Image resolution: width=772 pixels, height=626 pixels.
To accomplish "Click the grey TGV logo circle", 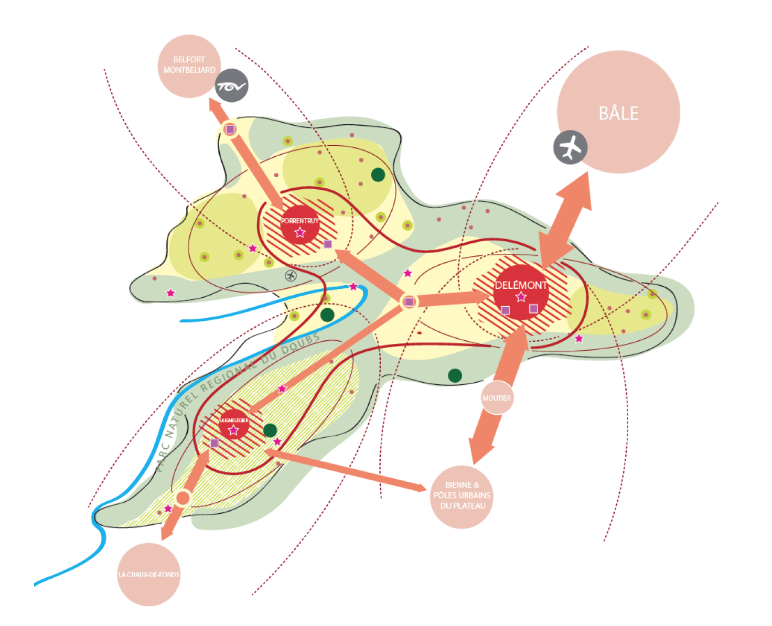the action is (232, 85).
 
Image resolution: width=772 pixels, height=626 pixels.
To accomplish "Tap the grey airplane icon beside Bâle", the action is (570, 147).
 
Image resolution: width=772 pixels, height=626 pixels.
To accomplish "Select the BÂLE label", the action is (618, 113).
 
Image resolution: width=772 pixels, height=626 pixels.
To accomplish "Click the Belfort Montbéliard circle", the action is (189, 66).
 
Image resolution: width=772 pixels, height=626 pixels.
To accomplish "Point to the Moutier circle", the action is (497, 398).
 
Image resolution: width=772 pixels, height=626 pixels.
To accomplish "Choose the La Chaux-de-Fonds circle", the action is (148, 575).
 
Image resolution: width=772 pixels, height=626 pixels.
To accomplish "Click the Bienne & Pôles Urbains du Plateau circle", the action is (462, 497).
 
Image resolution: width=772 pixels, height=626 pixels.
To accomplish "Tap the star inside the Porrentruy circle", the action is (300, 232).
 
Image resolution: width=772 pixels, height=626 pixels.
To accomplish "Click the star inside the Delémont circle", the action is (521, 297).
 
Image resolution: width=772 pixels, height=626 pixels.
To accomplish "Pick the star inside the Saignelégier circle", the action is (233, 430).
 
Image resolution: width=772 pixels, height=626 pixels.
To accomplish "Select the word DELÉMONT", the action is (521, 285).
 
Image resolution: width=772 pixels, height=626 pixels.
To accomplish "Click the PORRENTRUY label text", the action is (300, 221).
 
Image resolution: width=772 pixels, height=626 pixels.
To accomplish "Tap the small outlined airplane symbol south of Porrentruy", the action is (291, 276).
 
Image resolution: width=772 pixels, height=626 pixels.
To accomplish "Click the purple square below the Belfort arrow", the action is (230, 129).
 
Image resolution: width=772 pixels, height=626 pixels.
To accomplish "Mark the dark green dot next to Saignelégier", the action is (270, 430).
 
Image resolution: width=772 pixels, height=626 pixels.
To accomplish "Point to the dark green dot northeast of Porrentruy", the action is (378, 175).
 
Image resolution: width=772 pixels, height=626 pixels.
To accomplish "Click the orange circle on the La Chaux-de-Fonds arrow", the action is (183, 498).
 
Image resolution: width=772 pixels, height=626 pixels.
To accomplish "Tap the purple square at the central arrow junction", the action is (409, 302).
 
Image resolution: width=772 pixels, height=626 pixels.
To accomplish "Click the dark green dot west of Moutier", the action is (455, 376).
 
